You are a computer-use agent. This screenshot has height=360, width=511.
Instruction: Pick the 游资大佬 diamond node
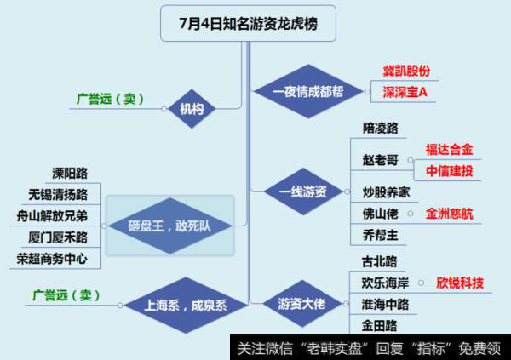click(300, 302)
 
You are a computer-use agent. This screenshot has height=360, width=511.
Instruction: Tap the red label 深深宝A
click(405, 91)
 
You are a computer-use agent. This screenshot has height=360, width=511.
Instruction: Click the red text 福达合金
click(450, 150)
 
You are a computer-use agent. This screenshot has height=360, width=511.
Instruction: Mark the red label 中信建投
click(450, 170)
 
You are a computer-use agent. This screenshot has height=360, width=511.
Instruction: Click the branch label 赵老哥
click(379, 160)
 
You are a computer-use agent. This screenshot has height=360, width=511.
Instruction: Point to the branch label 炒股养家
click(386, 192)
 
